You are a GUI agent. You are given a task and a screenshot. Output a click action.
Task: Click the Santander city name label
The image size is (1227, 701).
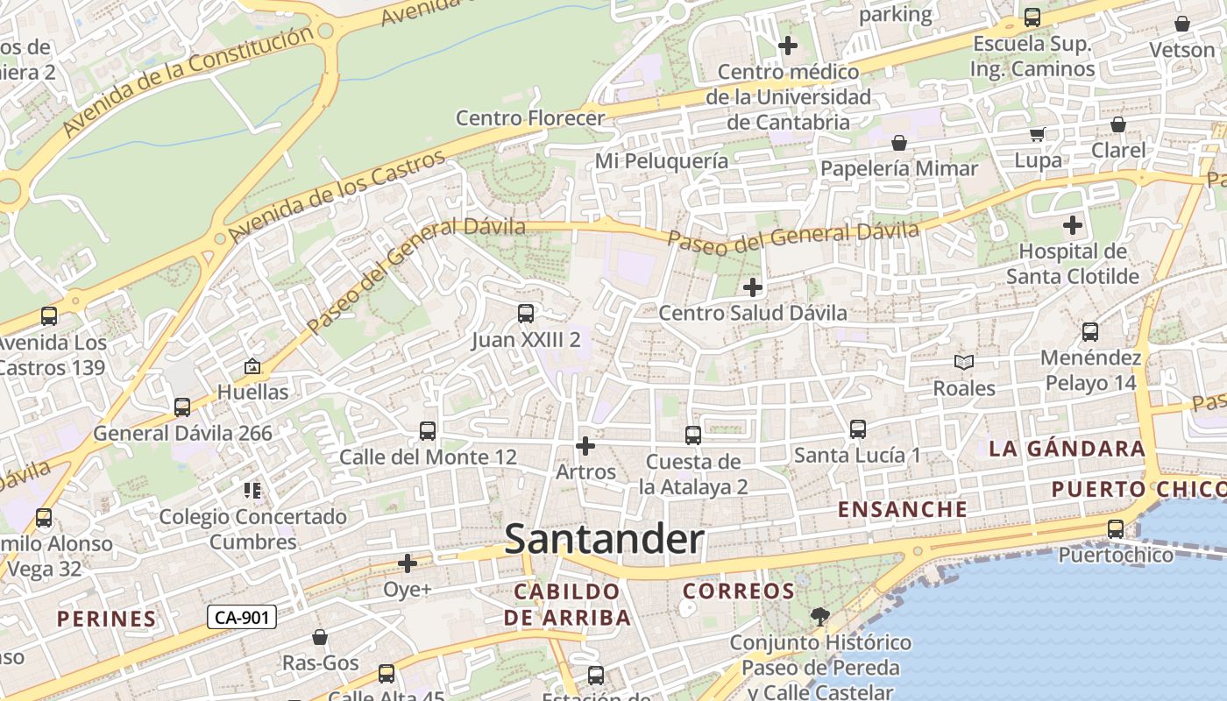604,539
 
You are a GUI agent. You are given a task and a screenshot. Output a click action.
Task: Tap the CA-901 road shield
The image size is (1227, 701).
242,618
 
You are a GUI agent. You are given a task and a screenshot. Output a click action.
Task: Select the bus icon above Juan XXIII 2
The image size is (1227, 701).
526,314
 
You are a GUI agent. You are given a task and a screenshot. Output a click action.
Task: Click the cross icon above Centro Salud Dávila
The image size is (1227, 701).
752,287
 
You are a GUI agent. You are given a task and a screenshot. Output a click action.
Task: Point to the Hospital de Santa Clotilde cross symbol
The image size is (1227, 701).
1072,225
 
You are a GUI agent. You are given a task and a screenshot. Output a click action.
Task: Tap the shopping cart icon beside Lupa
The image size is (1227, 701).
1038,134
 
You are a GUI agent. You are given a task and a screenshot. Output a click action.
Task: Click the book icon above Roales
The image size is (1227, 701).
963,362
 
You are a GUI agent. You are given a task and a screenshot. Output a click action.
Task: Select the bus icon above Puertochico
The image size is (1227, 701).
1115,529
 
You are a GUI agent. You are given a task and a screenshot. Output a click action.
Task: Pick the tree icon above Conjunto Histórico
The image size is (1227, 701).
819,617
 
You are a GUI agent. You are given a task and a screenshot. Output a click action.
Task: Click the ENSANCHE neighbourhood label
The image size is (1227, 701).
903,509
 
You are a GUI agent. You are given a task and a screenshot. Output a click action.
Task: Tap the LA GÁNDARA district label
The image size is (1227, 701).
1067,449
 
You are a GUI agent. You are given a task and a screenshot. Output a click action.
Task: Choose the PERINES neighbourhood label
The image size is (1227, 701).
106,619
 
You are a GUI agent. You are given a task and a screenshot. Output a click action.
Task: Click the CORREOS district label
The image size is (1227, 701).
738,591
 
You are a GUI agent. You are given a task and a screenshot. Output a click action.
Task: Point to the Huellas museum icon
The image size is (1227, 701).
252,366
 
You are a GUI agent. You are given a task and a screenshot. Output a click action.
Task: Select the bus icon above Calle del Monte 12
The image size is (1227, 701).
428,431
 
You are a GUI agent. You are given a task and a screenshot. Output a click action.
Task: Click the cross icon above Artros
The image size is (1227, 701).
585,446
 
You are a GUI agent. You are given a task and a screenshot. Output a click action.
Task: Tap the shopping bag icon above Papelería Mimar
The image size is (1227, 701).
898,143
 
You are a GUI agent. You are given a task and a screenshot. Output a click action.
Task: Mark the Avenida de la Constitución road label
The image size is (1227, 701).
188,82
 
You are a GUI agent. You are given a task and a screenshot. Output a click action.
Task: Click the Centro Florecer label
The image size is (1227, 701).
530,117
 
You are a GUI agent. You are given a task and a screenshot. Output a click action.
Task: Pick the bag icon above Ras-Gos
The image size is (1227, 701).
320,637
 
